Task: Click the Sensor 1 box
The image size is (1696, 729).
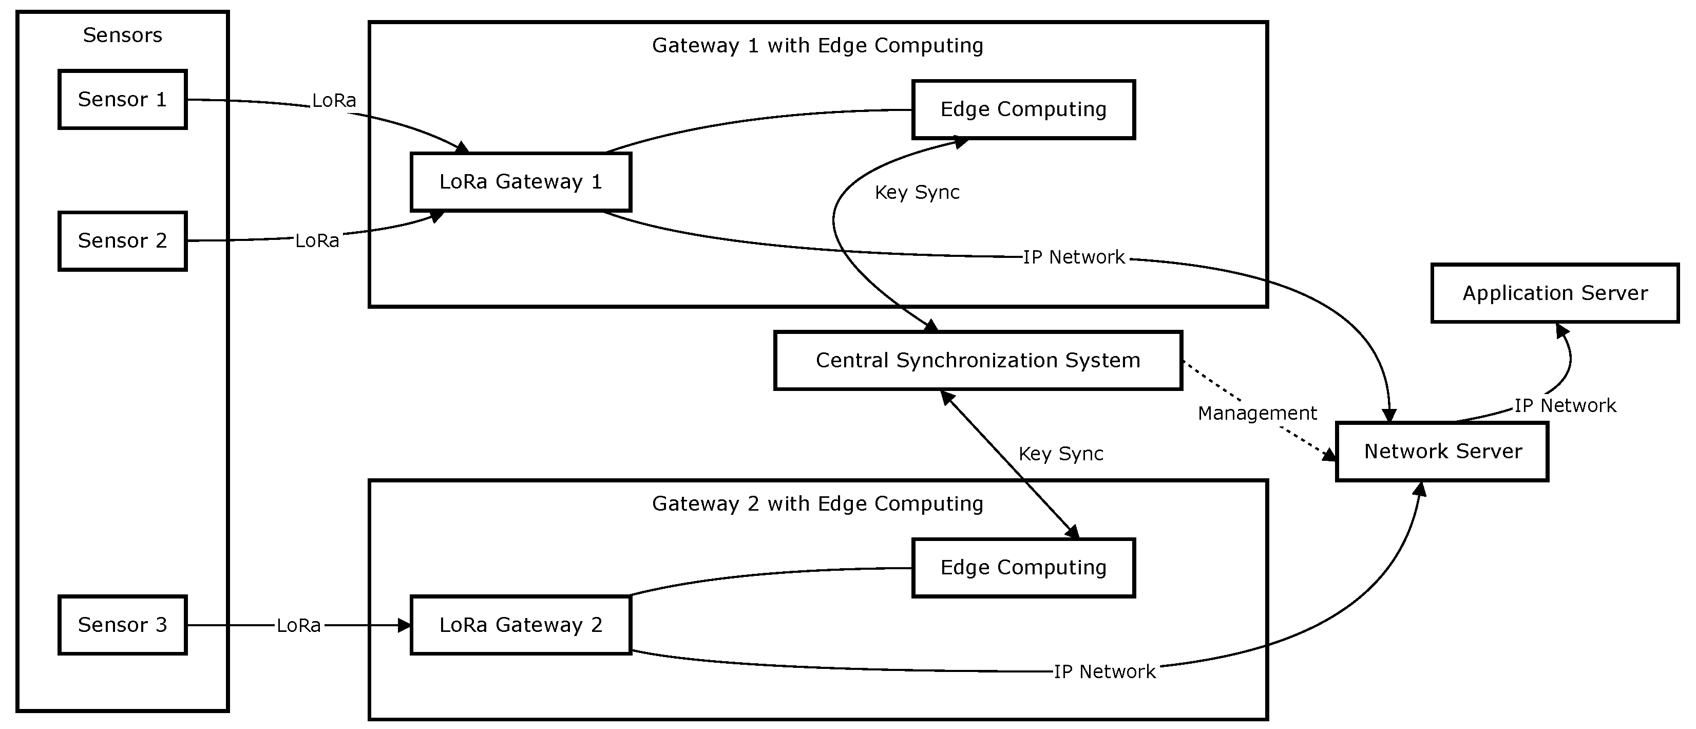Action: (122, 100)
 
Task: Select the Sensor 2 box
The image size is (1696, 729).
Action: (122, 241)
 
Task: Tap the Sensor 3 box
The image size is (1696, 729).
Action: (122, 625)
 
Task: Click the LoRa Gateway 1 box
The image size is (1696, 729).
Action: (521, 182)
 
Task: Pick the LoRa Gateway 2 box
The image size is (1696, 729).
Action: (521, 625)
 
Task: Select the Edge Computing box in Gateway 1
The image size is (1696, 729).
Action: (1023, 110)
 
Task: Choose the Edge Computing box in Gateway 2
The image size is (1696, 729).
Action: (1023, 568)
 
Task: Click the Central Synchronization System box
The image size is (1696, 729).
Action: (978, 361)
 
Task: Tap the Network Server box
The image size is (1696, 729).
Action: (1442, 452)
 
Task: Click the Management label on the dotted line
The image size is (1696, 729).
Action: (1257, 414)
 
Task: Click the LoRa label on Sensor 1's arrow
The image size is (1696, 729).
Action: (334, 101)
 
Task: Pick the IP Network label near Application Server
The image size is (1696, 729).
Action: (1565, 406)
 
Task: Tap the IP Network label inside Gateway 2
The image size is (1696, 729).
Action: (1104, 671)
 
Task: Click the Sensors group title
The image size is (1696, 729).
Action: (122, 35)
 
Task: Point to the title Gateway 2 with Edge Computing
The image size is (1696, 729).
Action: (817, 504)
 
